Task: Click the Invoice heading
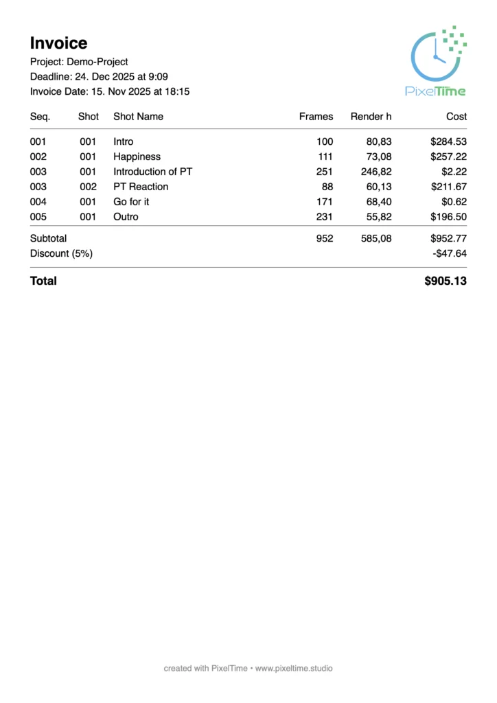[x=58, y=43]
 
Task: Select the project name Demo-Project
[x=97, y=62]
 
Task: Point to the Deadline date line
[x=99, y=76]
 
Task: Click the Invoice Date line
[x=110, y=91]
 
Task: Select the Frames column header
[x=316, y=117]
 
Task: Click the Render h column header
[x=371, y=117]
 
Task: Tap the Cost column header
[x=456, y=117]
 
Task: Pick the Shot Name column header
[x=138, y=117]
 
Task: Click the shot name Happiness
[x=137, y=157]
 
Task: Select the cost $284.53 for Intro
[x=448, y=141]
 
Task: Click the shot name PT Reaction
[x=141, y=187]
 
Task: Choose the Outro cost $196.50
[x=448, y=217]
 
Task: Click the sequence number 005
[x=38, y=217]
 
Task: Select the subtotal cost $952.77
[x=448, y=238]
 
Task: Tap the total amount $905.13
[x=446, y=281]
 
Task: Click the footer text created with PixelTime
[x=248, y=668]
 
